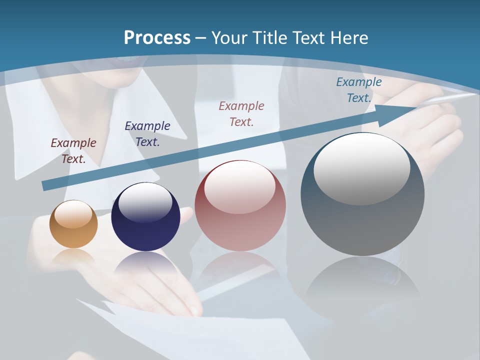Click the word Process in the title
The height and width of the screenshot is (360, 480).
(157, 38)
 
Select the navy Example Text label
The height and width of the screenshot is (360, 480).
(147, 134)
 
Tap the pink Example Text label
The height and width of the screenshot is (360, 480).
(241, 114)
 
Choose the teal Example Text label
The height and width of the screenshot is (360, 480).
(359, 90)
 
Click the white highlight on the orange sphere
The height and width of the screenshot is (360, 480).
(73, 214)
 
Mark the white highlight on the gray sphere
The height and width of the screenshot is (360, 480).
(361, 167)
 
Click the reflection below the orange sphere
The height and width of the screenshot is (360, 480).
(73, 256)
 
